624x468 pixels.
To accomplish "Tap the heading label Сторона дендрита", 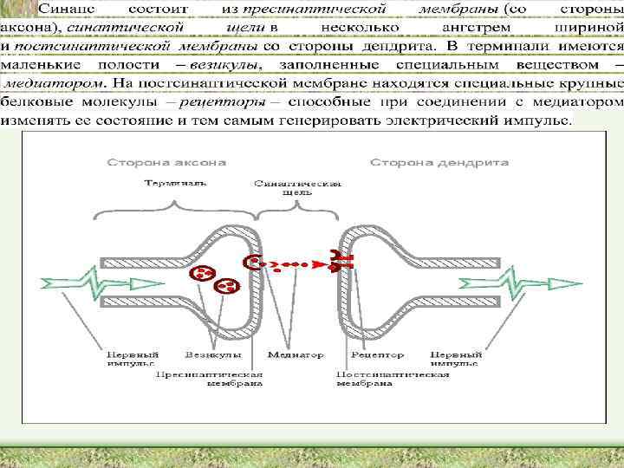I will (x=439, y=162).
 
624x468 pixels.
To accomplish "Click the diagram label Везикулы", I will (x=207, y=355).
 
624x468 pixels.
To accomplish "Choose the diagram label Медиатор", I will (x=296, y=355).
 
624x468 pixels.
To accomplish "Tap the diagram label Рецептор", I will (x=378, y=355).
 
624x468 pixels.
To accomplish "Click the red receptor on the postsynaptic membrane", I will (x=338, y=259).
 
